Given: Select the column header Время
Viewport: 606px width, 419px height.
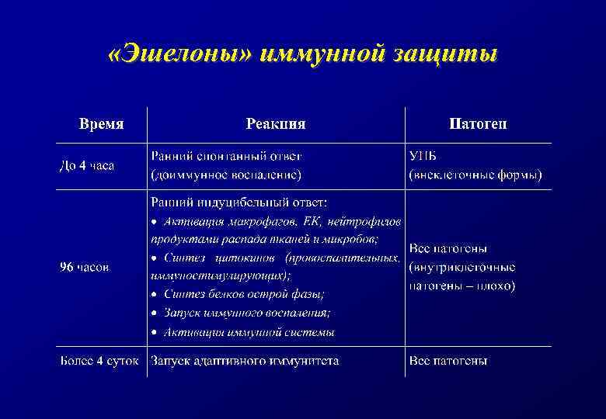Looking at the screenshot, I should click(101, 124).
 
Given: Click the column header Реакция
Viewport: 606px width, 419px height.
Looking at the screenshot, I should click(276, 124).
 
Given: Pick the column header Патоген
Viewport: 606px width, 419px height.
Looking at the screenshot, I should click(478, 124).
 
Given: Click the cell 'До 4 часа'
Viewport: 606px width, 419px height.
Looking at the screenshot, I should click(87, 165).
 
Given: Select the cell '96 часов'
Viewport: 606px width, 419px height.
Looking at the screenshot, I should click(85, 267).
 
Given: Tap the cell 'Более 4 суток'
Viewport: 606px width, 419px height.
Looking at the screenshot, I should click(99, 361).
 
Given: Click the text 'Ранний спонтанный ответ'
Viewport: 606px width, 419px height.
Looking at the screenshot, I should click(226, 156).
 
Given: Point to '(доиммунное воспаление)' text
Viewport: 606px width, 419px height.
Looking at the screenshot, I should click(226, 175).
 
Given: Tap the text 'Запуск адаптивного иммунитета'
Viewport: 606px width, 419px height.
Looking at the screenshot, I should click(245, 361).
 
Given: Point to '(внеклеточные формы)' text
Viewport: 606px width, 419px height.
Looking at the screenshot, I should click(475, 175).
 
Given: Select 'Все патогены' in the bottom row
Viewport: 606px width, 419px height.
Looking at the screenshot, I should click(448, 361).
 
